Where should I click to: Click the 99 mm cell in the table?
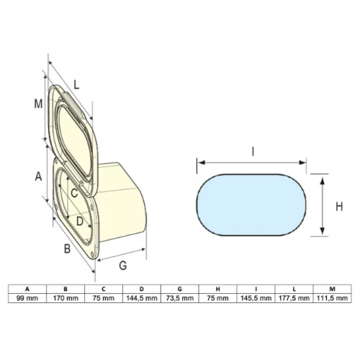27,298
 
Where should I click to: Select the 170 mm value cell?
66,298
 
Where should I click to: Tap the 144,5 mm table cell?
142,298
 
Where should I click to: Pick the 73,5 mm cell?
180,298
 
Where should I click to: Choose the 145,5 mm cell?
256,298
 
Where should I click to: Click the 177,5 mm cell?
294,298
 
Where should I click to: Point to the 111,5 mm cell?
332,298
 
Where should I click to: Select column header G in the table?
180,289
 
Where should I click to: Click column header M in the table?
332,289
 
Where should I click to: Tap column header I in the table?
256,289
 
